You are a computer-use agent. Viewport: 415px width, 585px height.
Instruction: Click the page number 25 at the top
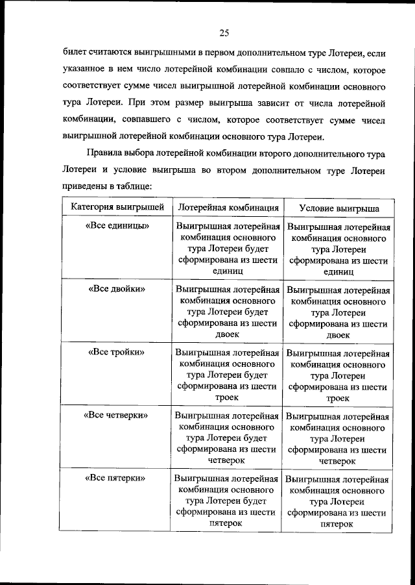click(224, 33)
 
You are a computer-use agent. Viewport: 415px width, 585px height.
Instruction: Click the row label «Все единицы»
click(117, 226)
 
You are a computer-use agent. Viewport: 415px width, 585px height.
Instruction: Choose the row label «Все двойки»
click(117, 288)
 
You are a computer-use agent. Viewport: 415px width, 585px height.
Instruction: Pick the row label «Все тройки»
click(116, 352)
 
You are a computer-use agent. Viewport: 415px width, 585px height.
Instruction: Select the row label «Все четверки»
click(117, 414)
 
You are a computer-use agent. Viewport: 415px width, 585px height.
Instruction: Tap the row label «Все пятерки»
click(116, 477)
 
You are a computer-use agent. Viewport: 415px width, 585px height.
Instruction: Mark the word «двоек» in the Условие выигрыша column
click(338, 335)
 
